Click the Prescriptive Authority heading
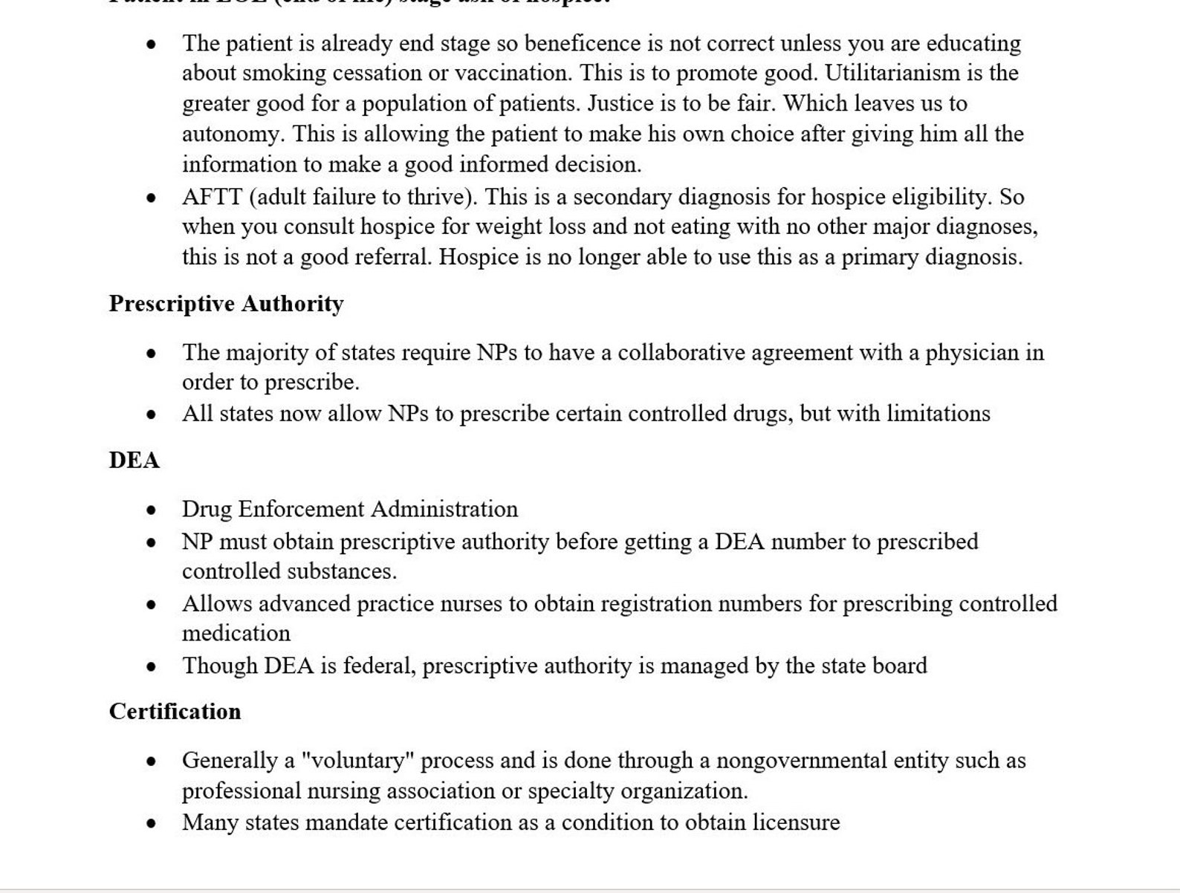[x=226, y=304]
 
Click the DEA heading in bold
[x=134, y=461]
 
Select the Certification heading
[x=175, y=712]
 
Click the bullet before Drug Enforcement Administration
[x=152, y=510]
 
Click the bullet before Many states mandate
[x=152, y=823]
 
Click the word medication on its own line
[x=236, y=634]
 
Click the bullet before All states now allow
[x=152, y=415]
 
